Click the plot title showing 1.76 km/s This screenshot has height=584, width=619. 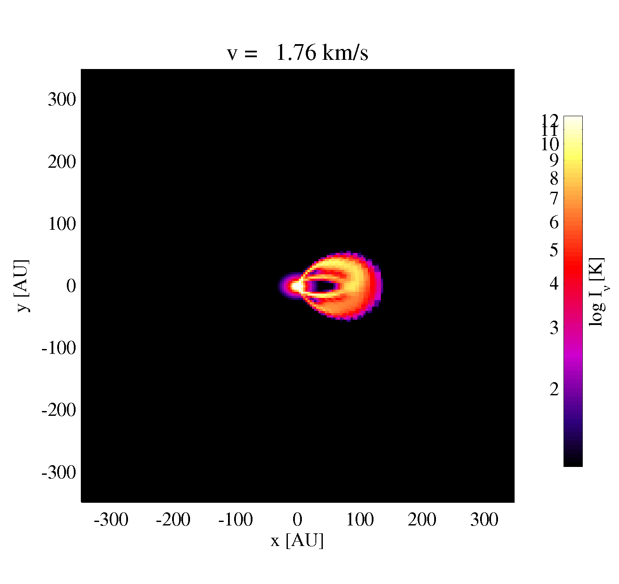[297, 52]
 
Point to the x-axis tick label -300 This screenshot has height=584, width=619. [111, 520]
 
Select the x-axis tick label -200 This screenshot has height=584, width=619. [173, 520]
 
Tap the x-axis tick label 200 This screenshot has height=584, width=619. [422, 520]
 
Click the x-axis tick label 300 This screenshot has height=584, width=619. [484, 520]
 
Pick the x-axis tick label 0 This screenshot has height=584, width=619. [297, 520]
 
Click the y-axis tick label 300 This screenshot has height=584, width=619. [62, 100]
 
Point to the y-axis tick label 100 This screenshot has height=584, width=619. [62, 224]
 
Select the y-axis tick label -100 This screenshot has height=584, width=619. [59, 348]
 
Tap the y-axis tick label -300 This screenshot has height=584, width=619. [59, 472]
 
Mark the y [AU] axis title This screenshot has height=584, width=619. [22, 286]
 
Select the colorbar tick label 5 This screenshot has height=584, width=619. [554, 250]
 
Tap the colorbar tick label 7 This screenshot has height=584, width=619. [554, 198]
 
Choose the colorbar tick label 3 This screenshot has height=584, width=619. [554, 328]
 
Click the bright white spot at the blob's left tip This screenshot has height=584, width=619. [296, 286]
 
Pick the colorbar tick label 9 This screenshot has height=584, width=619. [554, 161]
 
